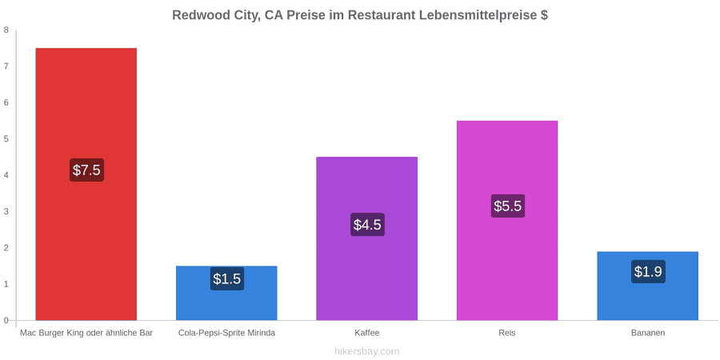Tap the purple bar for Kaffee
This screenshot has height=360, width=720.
[x=367, y=238]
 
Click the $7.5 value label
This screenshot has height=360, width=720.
[x=86, y=170]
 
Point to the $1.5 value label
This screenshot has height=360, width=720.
[x=227, y=278]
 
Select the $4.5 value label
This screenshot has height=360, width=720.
[x=367, y=225]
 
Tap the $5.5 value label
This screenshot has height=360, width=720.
[x=507, y=206]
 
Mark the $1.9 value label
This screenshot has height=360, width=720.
[x=648, y=271]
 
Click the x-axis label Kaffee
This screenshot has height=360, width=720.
[x=367, y=333]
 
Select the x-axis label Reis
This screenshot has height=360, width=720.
[x=507, y=333]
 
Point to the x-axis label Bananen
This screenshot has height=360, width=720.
[x=648, y=333]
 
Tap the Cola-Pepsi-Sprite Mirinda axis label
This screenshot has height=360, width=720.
[x=227, y=333]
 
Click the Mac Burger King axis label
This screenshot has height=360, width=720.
[x=86, y=333]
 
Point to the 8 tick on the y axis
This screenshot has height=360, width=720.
[x=6, y=30]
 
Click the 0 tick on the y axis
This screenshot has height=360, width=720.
[x=6, y=321]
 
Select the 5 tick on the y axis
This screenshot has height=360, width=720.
[x=6, y=139]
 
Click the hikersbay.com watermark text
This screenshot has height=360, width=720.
[x=366, y=352]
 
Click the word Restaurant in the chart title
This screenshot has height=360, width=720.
[x=381, y=15]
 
